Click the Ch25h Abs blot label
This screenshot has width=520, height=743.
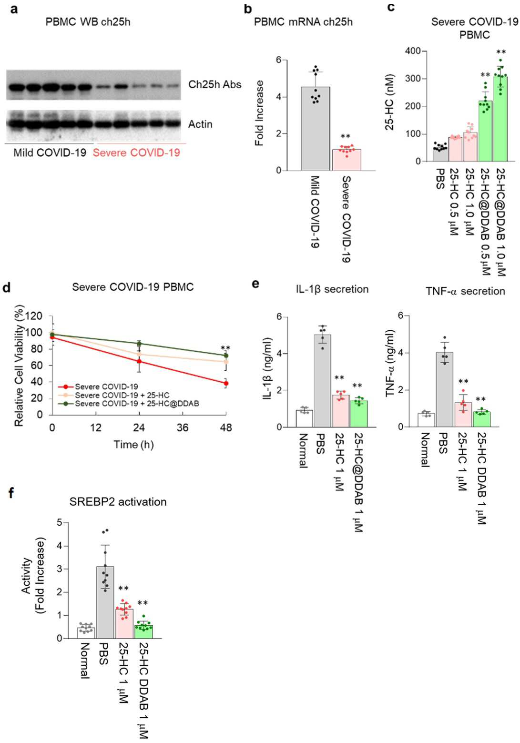[x=214, y=84]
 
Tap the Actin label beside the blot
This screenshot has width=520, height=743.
[x=200, y=124]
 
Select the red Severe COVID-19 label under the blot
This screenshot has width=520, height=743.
[x=136, y=153]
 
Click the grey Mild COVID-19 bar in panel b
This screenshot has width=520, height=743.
[x=316, y=129]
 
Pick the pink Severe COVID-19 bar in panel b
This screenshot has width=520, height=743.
[x=347, y=160]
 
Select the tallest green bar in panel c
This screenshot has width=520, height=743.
[x=500, y=119]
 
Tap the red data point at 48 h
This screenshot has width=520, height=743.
[x=226, y=384]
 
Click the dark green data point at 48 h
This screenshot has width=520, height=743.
[x=226, y=356]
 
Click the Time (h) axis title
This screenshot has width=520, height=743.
[x=133, y=444]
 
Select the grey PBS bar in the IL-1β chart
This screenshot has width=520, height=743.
[x=322, y=380]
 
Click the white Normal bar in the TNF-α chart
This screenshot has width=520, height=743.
[x=426, y=420]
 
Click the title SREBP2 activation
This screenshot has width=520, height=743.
[x=118, y=501]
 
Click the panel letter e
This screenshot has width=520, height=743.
[x=255, y=284]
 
